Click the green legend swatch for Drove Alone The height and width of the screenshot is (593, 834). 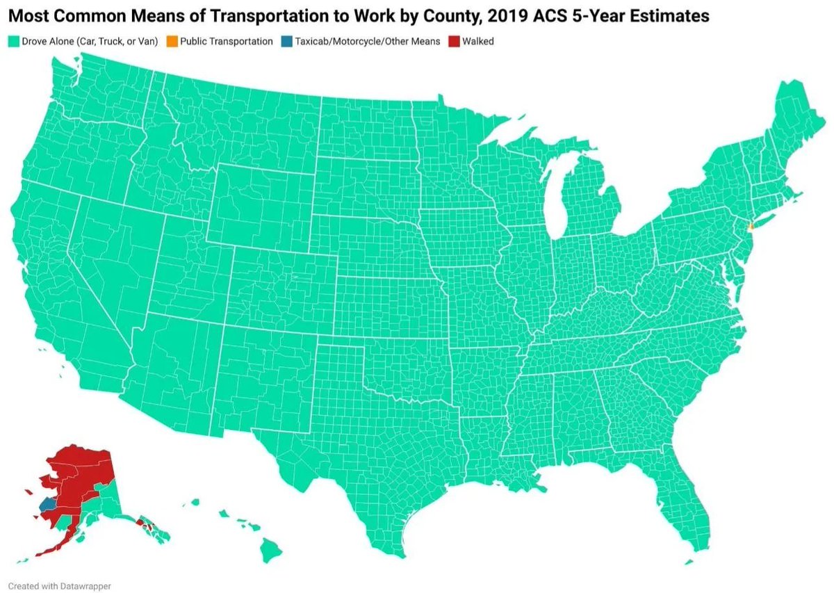point(13,42)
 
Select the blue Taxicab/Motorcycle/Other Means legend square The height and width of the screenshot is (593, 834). point(286,42)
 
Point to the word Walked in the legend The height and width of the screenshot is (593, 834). point(480,42)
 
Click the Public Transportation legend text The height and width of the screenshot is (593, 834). point(226,42)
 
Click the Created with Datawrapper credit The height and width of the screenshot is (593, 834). point(59,586)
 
